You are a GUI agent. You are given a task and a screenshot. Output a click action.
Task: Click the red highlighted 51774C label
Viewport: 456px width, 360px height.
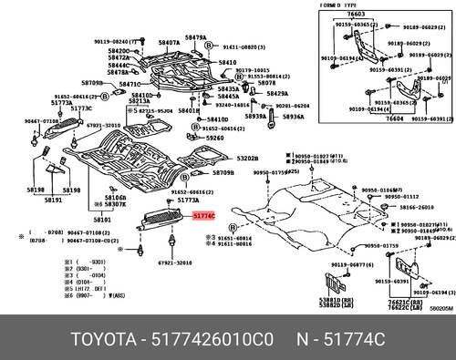(x=202, y=216)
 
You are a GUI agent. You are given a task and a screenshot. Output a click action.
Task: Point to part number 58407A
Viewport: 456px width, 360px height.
(x=168, y=43)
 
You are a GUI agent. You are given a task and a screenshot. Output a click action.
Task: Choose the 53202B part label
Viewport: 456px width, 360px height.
(x=248, y=158)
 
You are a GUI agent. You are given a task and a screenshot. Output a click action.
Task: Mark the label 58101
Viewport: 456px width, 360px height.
(x=102, y=220)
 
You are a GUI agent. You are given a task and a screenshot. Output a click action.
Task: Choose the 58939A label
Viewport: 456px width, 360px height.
(x=255, y=116)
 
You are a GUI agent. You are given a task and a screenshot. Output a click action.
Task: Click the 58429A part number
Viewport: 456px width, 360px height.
(x=277, y=94)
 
